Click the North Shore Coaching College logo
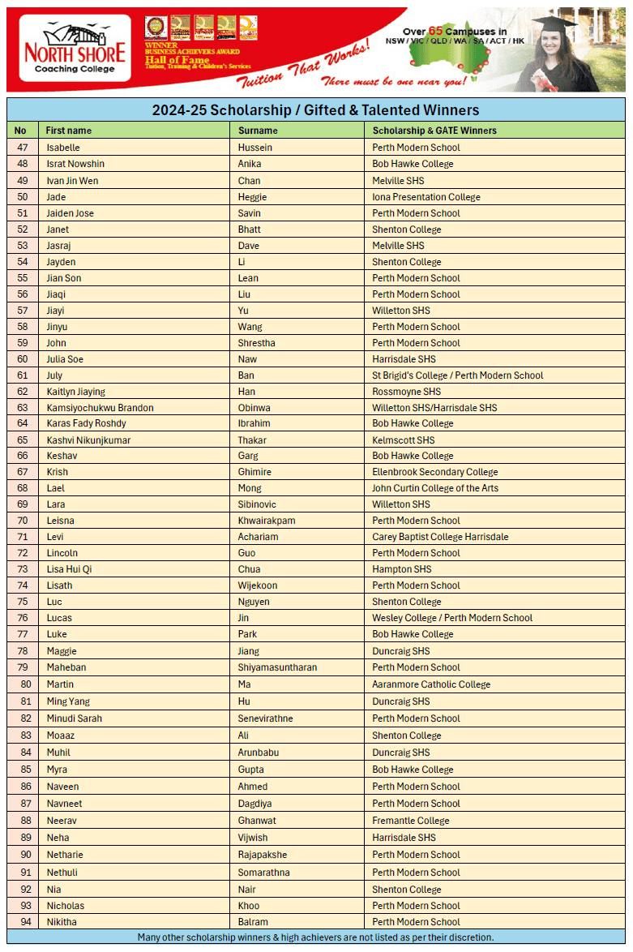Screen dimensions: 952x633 pos(75,49)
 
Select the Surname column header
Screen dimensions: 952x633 pos(258,131)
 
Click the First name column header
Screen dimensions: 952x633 pos(68,131)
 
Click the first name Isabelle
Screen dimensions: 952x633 pos(63,148)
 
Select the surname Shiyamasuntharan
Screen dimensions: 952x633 pos(277,667)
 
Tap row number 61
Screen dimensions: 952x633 pos(22,375)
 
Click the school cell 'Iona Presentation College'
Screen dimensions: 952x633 pos(426,197)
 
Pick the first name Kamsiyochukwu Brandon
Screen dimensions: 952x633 pos(100,408)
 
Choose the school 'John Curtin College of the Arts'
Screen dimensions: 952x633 pos(434,488)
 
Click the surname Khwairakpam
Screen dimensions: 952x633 pos(267,521)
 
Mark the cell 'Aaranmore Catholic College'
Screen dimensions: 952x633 pos(430,684)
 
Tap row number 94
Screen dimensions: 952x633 pos(22,922)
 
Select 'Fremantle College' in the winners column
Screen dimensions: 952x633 pos(410,821)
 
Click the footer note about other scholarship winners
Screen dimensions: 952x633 pos(315,937)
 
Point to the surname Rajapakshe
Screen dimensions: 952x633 pos(262,855)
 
